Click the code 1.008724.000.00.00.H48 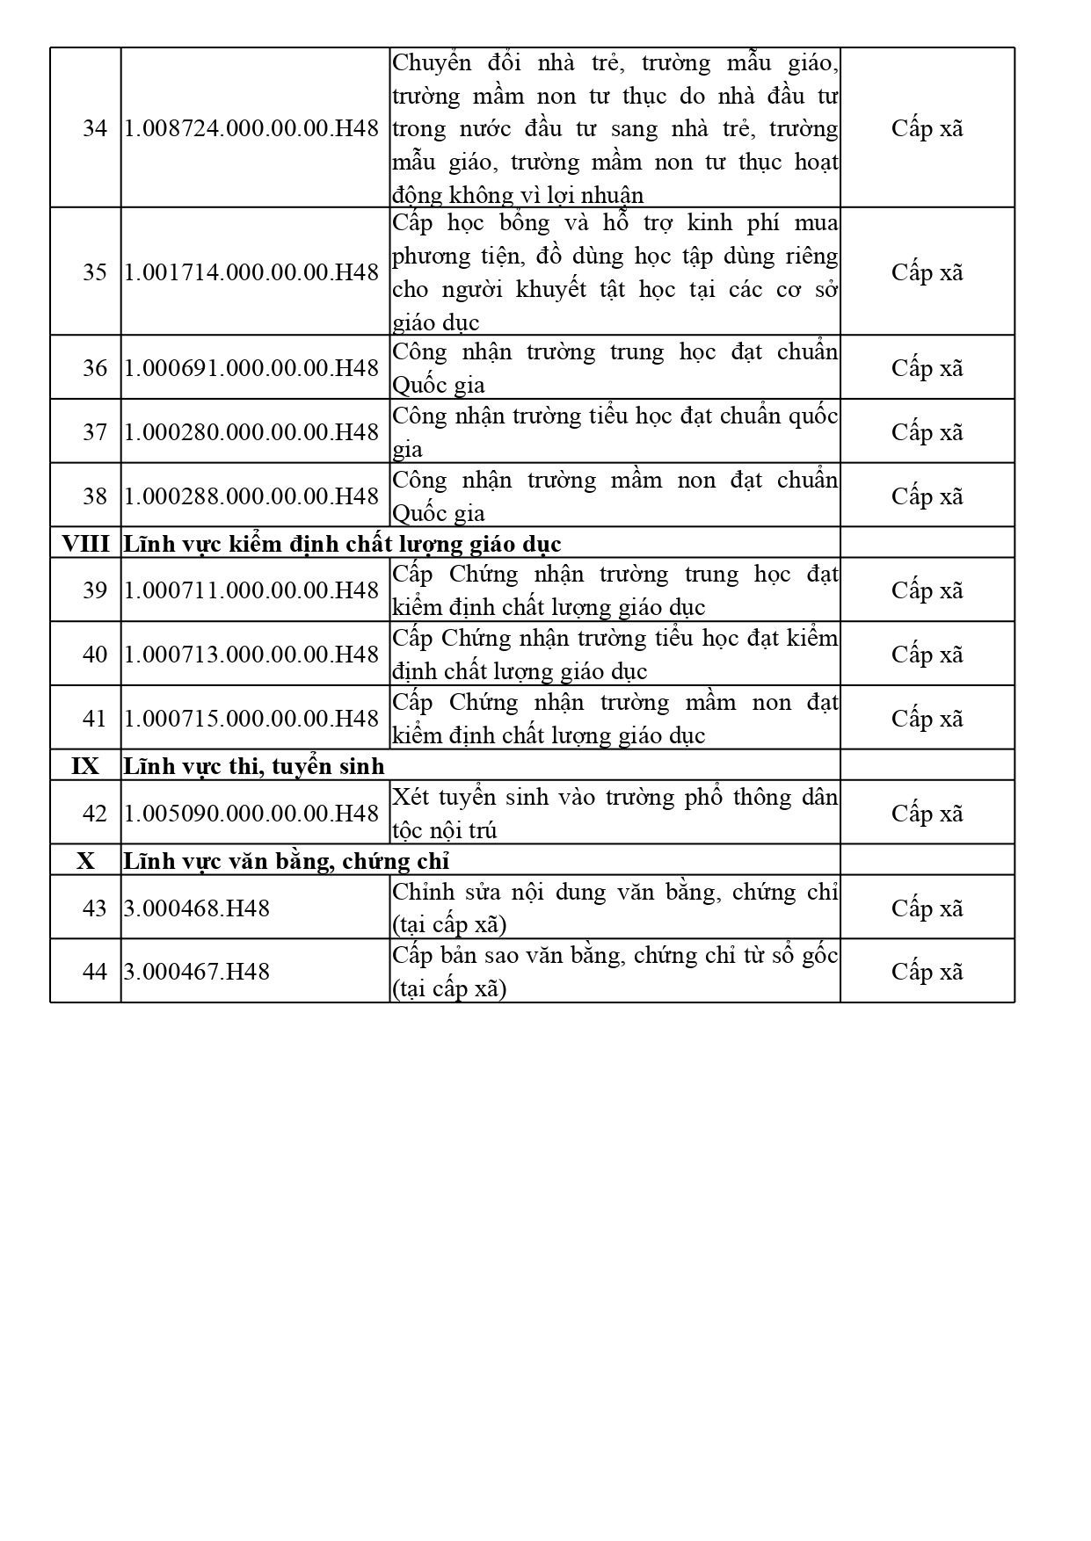[x=251, y=128]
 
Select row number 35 [x=94, y=272]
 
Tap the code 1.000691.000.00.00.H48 [x=251, y=367]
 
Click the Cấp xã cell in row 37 [x=927, y=432]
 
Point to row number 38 [x=94, y=496]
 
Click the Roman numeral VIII [x=85, y=544]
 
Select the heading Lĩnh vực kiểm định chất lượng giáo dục [x=342, y=544]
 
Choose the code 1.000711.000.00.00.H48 [x=251, y=590]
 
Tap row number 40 [x=94, y=655]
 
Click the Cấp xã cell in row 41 [x=927, y=719]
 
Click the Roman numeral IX [x=85, y=766]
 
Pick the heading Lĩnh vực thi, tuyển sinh [x=254, y=766]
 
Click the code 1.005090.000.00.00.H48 [x=251, y=814]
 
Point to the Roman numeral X [x=85, y=861]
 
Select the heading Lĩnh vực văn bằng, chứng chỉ [x=287, y=861]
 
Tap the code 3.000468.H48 [x=197, y=908]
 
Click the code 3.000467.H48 [x=197, y=972]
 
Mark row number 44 [x=94, y=972]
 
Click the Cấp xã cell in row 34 [x=927, y=128]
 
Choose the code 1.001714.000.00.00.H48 [x=251, y=272]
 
